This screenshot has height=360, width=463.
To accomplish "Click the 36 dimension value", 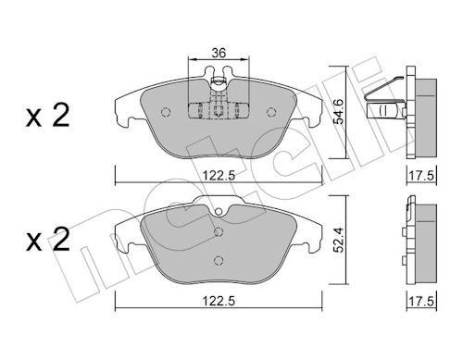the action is tap(219, 53).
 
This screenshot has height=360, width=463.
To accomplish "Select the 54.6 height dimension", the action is tap(340, 112).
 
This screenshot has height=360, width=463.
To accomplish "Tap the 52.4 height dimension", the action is tap(340, 241).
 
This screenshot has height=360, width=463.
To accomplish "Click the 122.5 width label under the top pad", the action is tap(219, 176).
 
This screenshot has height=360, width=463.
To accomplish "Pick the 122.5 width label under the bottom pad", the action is tap(219, 301).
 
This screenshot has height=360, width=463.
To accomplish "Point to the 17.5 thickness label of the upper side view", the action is tap(421, 176).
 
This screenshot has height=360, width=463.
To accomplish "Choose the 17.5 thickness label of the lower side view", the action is tap(421, 301).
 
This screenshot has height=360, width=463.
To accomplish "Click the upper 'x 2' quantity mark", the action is tap(47, 116).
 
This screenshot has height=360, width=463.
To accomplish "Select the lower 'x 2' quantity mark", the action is tap(47, 239).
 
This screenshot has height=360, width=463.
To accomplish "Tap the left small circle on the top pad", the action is tap(166, 112).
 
